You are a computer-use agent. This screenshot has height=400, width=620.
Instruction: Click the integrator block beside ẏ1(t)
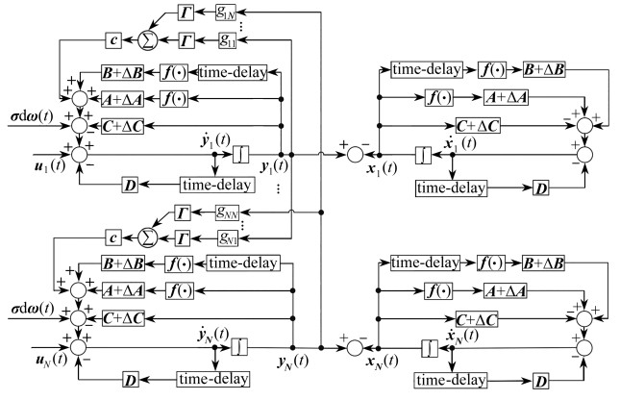point(240,152)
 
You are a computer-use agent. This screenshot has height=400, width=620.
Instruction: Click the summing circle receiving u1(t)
point(79,151)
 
